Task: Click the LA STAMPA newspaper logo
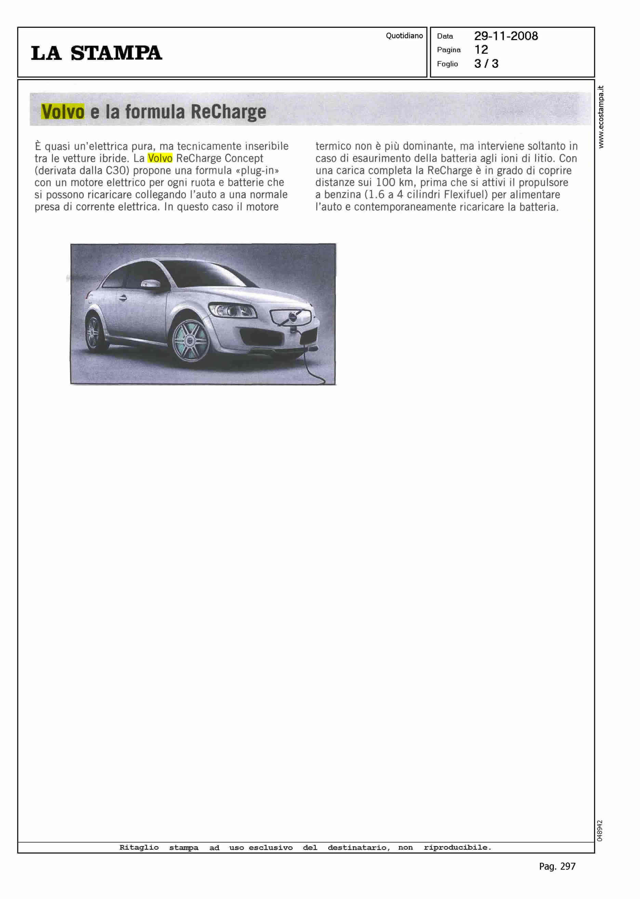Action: tap(96, 53)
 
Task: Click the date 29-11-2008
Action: tap(506, 36)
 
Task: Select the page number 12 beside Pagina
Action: tap(481, 50)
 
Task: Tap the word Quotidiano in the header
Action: tap(404, 36)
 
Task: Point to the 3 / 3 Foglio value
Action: tap(486, 64)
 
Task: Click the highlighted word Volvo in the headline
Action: tap(63, 112)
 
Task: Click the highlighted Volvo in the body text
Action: tap(160, 158)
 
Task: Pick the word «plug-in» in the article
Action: tap(257, 170)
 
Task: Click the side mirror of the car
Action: tap(151, 284)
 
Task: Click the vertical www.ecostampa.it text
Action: tap(601, 117)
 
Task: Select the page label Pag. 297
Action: tap(557, 866)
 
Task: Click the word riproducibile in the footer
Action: tap(457, 847)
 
